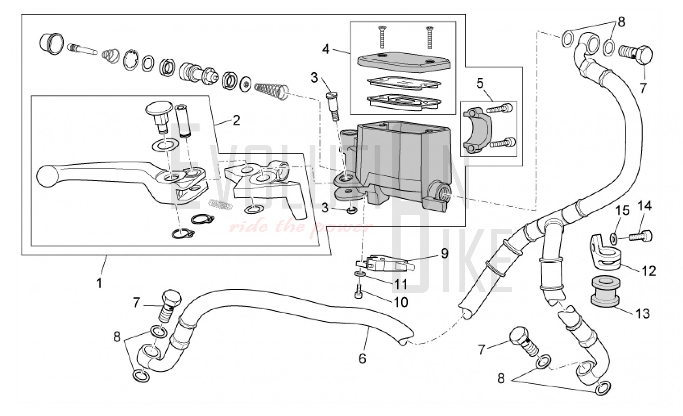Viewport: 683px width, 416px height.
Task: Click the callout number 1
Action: click(x=99, y=283)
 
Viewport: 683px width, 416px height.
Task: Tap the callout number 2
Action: click(x=236, y=120)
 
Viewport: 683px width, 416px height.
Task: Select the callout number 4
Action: click(x=326, y=49)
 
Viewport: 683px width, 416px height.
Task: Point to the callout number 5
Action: click(x=480, y=83)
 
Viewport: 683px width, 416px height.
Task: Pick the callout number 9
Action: click(x=444, y=253)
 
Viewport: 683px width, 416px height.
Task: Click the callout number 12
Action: click(x=649, y=271)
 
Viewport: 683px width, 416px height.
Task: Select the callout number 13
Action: click(x=643, y=313)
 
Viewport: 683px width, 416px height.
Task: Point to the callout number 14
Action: click(x=645, y=206)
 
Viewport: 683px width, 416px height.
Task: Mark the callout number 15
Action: click(x=623, y=210)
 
